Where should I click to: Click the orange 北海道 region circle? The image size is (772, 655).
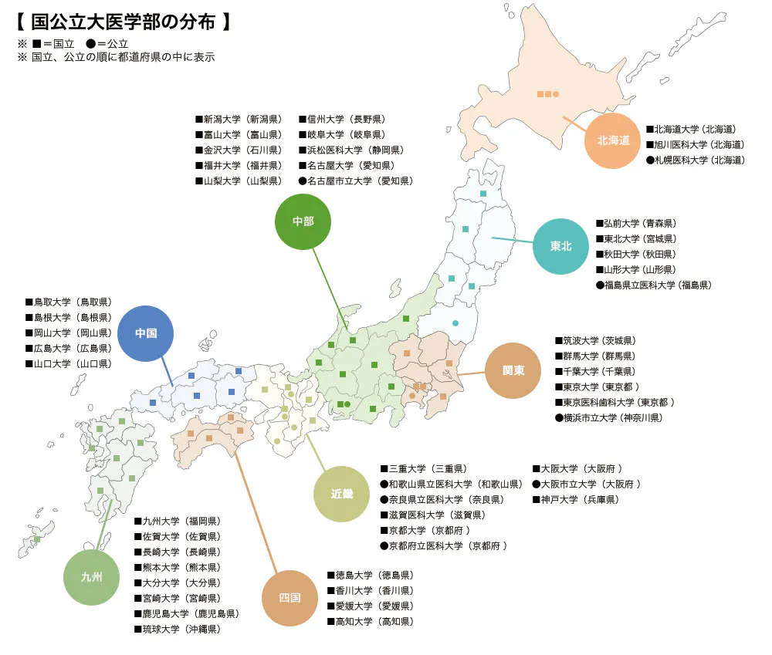tap(613, 140)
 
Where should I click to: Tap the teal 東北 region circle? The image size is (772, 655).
tap(561, 246)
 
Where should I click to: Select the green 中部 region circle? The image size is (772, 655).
tap(303, 221)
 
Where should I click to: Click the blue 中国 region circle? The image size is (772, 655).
tap(146, 333)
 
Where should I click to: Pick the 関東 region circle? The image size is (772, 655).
tap(513, 370)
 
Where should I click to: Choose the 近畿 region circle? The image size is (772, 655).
tap(341, 494)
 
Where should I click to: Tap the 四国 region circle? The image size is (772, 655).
tap(290, 598)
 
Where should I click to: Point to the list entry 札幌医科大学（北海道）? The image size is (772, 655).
tap(696, 160)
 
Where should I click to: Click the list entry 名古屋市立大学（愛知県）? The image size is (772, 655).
tap(355, 181)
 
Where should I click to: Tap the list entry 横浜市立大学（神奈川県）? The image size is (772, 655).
tap(608, 417)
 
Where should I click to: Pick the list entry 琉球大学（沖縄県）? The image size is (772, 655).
tap(177, 629)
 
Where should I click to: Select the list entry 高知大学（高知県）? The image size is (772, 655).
tap(370, 621)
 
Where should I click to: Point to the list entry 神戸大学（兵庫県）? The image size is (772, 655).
tap(575, 499)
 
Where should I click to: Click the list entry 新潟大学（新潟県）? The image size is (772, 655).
tap(239, 119)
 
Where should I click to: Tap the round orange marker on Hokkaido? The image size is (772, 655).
tap(556, 94)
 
